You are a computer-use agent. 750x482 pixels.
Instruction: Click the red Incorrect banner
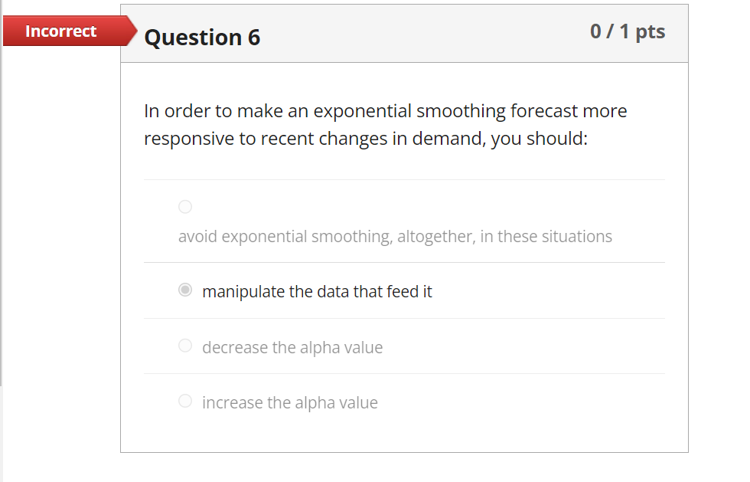[x=61, y=31]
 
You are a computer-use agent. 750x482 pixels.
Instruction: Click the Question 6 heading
[x=202, y=37]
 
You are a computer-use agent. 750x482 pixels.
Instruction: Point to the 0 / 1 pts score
[x=628, y=31]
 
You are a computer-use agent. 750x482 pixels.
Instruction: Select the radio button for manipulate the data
[x=185, y=291]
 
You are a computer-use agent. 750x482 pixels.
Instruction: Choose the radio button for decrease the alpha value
[x=185, y=346]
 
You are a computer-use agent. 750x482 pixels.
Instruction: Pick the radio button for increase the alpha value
[x=185, y=402]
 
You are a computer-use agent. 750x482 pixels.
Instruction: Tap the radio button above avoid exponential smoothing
[x=185, y=206]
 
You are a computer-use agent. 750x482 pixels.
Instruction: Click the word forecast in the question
[x=544, y=111]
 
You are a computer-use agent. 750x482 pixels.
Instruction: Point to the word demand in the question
[x=446, y=140]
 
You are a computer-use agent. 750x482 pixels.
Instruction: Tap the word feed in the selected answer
[x=403, y=292]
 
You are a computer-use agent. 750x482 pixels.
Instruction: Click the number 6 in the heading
[x=253, y=37]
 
